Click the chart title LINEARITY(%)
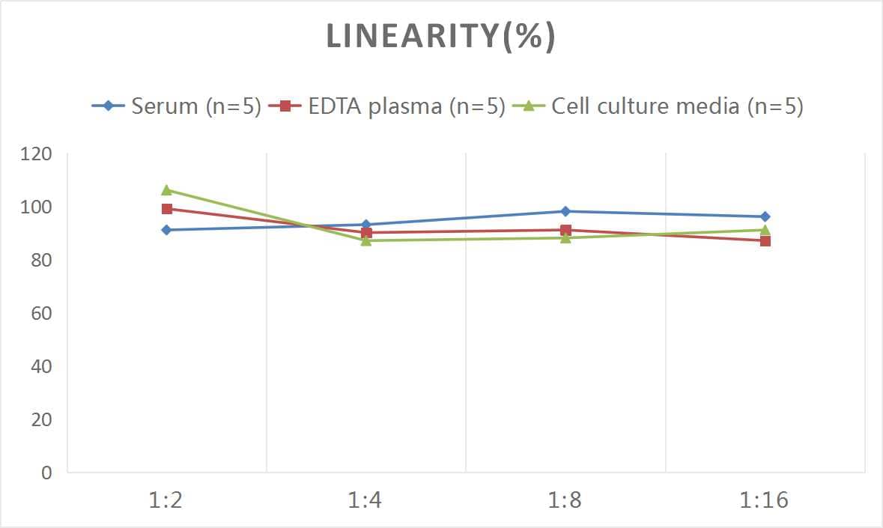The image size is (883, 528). tap(440, 37)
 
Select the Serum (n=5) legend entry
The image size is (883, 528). tap(177, 106)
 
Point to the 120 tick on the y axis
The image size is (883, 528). tap(37, 154)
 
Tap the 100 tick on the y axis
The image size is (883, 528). tap(37, 207)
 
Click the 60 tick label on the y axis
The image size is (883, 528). tap(41, 313)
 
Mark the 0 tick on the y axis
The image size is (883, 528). tap(46, 473)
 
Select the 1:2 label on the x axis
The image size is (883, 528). tap(166, 500)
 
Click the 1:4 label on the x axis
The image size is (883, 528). tap(365, 500)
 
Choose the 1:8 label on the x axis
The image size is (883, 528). tap(565, 500)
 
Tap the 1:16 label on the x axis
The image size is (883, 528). tap(765, 500)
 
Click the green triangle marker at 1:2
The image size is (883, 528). tap(166, 190)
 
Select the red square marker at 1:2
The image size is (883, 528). tap(166, 209)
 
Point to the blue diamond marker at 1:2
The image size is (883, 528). tap(166, 230)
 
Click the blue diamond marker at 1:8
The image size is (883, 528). tap(565, 211)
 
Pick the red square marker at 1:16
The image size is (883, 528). tap(765, 240)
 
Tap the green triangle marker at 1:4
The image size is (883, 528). tap(365, 240)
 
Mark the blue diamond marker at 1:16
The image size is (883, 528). tap(765, 216)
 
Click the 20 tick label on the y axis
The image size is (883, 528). tap(41, 419)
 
